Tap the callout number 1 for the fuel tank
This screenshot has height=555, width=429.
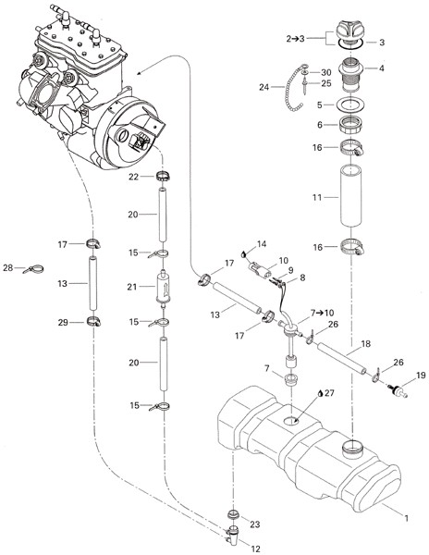[x=407, y=518]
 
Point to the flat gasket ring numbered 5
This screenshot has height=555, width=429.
[x=349, y=105]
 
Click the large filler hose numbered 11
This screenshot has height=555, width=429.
[x=350, y=196]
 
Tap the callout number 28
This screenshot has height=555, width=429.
[x=8, y=268]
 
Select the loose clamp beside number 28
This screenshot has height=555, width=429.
[x=34, y=269]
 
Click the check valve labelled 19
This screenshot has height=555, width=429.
[x=398, y=389]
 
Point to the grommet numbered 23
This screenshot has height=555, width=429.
[x=233, y=514]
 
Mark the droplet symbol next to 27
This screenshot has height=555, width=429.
[x=320, y=393]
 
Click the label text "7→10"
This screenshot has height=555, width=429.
[x=322, y=313]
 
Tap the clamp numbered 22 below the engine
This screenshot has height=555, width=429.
[x=163, y=176]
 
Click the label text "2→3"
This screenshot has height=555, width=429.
[x=295, y=38]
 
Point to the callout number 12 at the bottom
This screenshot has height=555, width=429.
[x=255, y=549]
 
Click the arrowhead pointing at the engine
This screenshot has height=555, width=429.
[x=140, y=73]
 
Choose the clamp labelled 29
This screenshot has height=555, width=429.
[x=94, y=321]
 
